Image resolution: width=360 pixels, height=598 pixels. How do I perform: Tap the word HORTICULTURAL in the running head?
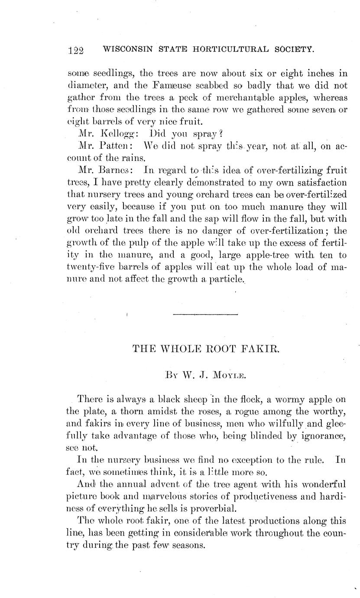pyautogui.click(x=224, y=50)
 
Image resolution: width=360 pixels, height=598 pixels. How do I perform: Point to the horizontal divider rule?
pyautogui.click(x=205, y=314)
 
